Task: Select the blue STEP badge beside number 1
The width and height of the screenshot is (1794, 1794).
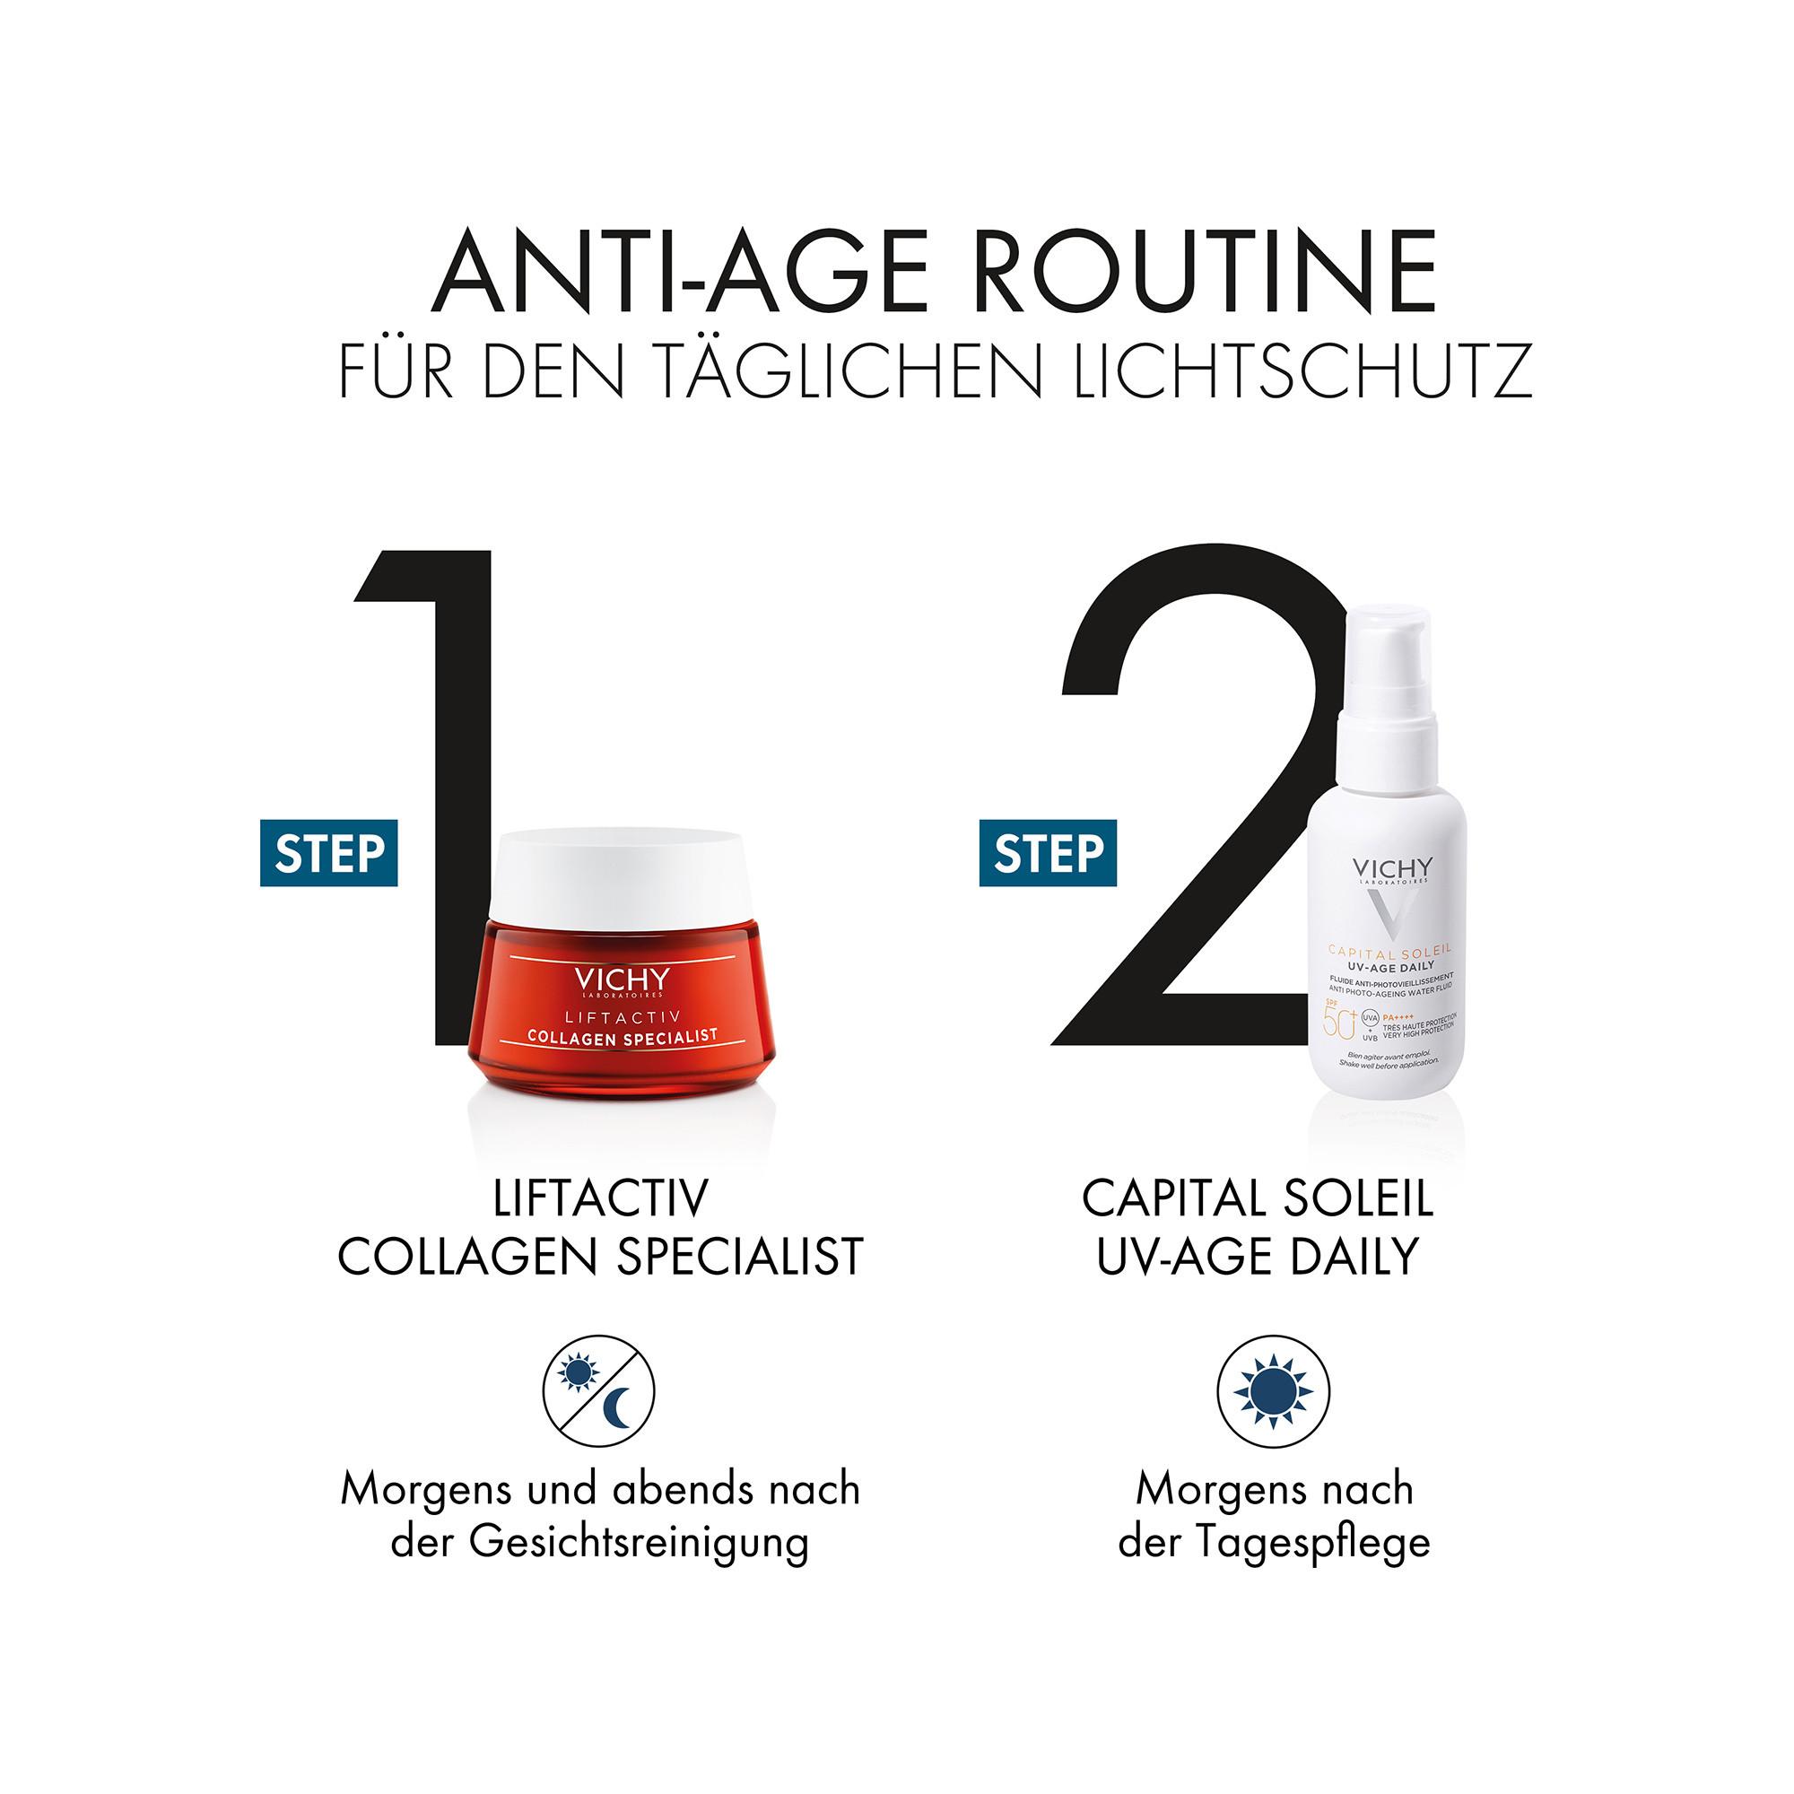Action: click(x=328, y=852)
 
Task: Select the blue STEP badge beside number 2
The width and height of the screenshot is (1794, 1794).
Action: click(x=1048, y=852)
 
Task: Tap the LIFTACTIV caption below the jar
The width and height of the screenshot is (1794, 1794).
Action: click(x=601, y=1197)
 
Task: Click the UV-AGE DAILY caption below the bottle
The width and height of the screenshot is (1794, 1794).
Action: click(x=1258, y=1256)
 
